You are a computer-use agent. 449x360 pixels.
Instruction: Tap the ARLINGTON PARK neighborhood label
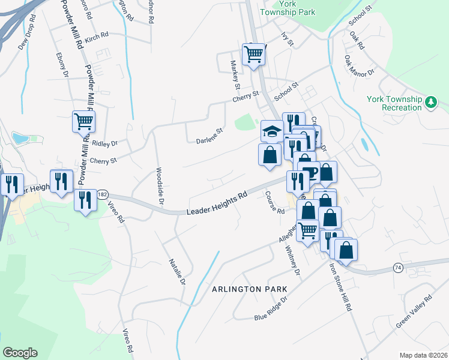249,289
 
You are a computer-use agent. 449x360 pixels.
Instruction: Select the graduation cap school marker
272,131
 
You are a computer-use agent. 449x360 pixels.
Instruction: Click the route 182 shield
103,195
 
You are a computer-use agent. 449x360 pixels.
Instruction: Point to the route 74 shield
398,268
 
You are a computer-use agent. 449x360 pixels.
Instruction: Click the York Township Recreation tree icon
430,103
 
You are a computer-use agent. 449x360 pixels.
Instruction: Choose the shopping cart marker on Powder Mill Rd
84,122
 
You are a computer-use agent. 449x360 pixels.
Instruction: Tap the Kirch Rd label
96,38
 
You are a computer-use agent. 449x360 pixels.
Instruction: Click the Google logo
20,353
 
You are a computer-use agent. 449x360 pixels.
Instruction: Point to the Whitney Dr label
292,260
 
